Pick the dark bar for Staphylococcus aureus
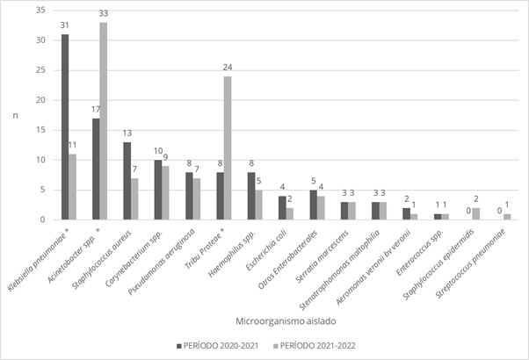coord(127,181)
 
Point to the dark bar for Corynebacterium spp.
coord(156,190)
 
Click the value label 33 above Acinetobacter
coord(104,14)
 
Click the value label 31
coord(65,25)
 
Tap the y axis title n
coord(14,115)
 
